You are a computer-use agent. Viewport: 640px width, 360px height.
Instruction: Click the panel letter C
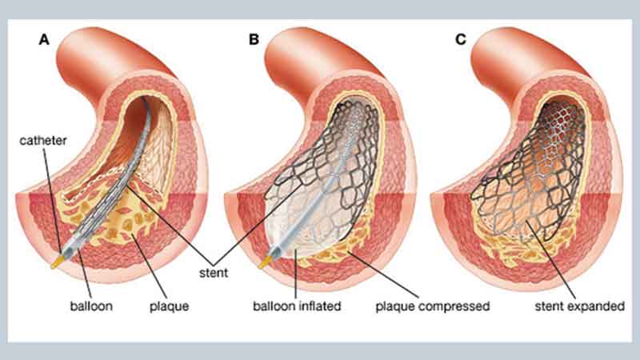461,38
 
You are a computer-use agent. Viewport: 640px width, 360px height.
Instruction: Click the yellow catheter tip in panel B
265,261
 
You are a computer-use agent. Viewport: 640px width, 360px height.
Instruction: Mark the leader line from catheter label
52,192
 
